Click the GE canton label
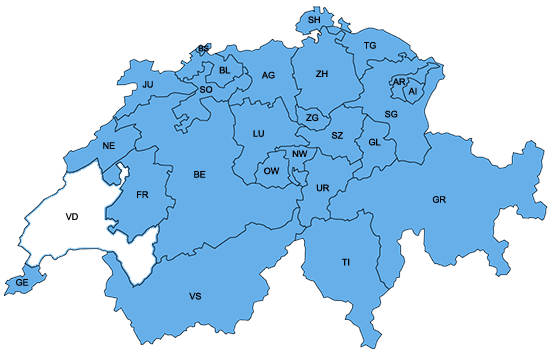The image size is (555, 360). click(22, 284)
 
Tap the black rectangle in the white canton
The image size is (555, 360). click(71, 215)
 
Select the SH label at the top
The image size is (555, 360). click(314, 20)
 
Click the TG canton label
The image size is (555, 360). click(370, 46)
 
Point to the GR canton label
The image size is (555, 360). click(439, 200)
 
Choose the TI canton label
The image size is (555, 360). click(346, 262)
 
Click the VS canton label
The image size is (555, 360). click(195, 297)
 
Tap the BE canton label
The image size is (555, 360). click(199, 175)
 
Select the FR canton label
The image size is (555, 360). click(142, 194)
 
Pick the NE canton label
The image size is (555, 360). click(109, 146)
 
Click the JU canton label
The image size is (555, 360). click(148, 85)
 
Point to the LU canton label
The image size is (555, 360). click(258, 133)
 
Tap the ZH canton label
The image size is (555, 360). click(321, 74)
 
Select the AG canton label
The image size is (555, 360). click(268, 76)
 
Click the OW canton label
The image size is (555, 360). click(271, 172)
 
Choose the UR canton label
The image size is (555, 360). click(322, 188)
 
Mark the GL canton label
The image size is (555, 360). click(375, 142)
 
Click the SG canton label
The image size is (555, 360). click(391, 115)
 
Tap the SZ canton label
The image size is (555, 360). click(338, 135)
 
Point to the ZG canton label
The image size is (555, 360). click(312, 118)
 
